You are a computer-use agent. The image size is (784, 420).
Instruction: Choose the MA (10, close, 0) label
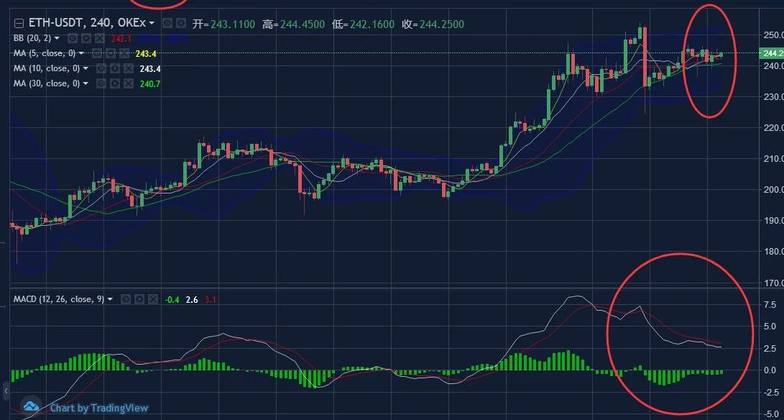(47, 68)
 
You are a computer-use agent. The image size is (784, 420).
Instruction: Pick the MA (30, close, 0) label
(47, 83)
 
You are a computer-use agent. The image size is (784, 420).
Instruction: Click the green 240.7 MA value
(149, 83)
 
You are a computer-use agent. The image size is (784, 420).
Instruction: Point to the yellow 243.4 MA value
(146, 53)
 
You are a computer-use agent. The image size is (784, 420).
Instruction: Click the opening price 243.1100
(231, 24)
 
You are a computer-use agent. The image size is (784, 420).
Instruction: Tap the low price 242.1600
(370, 24)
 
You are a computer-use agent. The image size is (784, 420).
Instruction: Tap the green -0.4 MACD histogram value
(172, 298)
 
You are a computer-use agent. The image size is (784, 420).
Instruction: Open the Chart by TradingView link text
(99, 408)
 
